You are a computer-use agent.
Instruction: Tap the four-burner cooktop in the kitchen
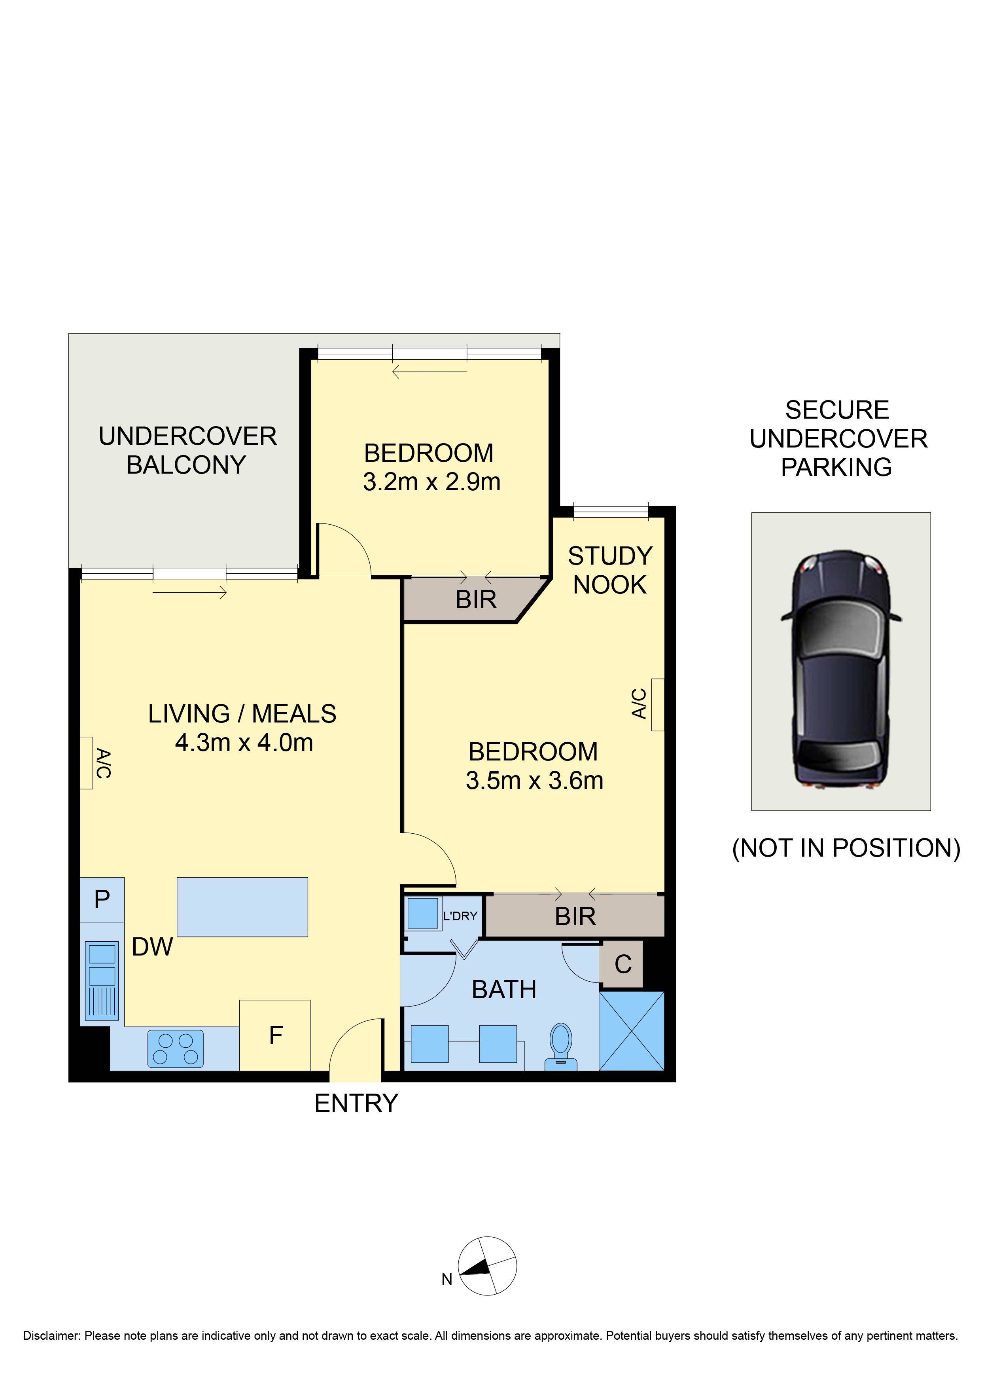click(175, 1049)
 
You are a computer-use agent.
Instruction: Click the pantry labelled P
click(102, 899)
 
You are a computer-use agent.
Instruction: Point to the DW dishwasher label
click(152, 947)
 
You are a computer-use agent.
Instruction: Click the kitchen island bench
click(242, 907)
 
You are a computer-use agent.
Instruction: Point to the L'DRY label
click(460, 916)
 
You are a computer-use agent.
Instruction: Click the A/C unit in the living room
click(87, 763)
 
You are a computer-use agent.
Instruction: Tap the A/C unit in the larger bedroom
click(657, 705)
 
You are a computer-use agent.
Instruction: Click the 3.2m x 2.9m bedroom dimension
click(432, 482)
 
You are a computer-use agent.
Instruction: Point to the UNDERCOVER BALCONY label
click(187, 451)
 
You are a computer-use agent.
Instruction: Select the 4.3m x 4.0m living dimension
click(244, 743)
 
